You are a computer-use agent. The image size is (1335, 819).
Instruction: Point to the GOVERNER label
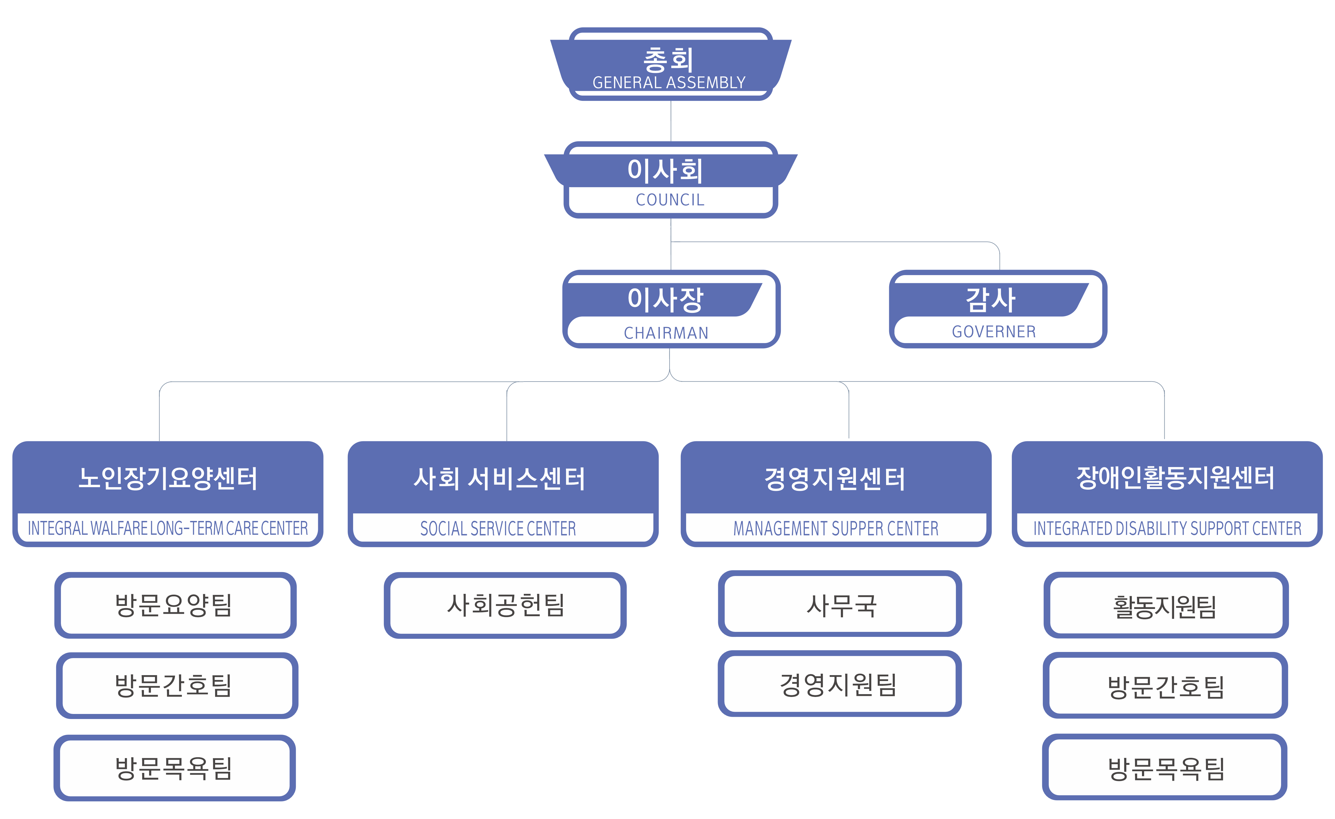[x=994, y=332]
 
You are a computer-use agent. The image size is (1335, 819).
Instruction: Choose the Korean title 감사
[x=990, y=299]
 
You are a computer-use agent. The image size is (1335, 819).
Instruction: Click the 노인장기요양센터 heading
[x=168, y=478]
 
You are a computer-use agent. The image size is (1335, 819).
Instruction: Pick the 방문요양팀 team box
[x=175, y=605]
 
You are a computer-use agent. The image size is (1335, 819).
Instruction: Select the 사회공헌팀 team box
[x=505, y=605]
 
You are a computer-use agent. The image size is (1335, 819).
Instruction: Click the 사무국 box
[x=840, y=604]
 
